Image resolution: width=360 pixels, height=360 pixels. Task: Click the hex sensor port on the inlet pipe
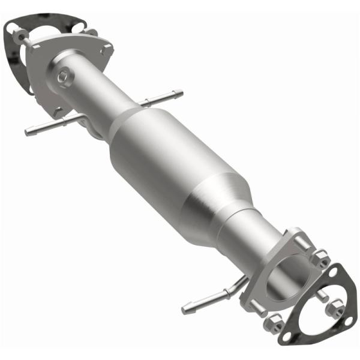(x=64, y=77)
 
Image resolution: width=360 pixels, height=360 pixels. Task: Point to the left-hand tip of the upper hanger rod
(x=29, y=131)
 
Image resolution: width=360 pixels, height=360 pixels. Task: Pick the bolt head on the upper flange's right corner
(x=107, y=52)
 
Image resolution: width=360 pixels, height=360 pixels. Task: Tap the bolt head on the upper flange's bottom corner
(x=58, y=112)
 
